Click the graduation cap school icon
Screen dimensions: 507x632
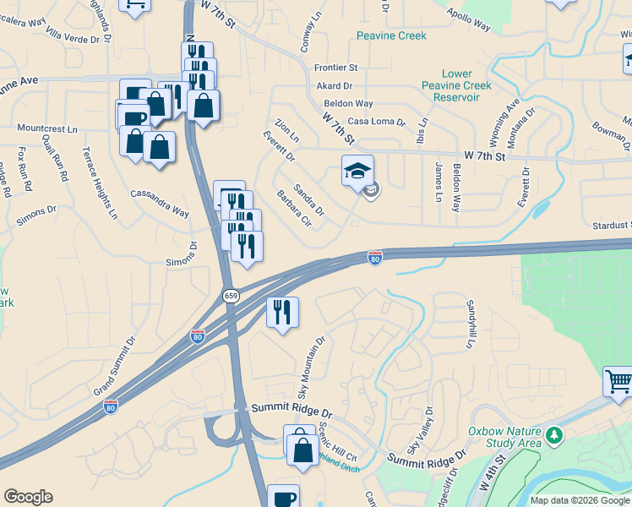click(357, 170)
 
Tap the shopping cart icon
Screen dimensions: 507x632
click(618, 382)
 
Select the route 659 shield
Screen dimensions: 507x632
click(232, 296)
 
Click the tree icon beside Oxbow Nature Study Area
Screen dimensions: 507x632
click(554, 435)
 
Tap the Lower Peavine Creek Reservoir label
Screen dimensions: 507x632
click(456, 86)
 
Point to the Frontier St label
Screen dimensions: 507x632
click(335, 68)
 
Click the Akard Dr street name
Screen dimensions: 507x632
click(335, 86)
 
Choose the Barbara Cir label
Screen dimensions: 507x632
click(295, 210)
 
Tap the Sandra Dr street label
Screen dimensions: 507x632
click(308, 199)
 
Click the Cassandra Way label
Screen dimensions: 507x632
click(160, 203)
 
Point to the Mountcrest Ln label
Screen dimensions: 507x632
click(47, 128)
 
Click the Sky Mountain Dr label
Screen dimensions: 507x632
click(311, 369)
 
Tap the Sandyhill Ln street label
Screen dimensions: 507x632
click(471, 324)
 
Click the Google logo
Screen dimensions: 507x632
click(28, 497)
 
